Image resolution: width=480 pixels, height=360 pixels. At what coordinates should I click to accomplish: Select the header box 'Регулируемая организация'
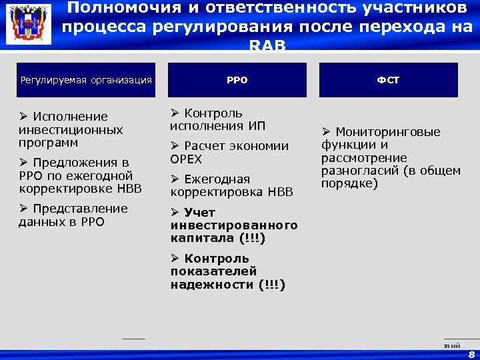[x=86, y=80]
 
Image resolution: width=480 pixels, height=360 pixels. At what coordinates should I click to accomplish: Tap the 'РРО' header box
[x=237, y=80]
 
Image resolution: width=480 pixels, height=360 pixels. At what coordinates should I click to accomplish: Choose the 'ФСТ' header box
[x=389, y=80]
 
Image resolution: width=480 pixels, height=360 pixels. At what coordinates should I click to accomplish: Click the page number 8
[x=472, y=354]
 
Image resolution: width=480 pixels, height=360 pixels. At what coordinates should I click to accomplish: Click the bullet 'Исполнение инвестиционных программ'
[x=71, y=129]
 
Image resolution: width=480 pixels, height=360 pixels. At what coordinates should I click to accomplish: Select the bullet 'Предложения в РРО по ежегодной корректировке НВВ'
[x=80, y=175]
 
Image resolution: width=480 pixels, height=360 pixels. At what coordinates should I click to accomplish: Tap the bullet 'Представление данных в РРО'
[x=73, y=215]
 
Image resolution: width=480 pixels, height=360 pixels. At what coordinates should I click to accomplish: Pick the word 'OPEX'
[x=186, y=159]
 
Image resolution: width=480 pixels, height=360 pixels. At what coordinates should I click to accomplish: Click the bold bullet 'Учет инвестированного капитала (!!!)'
[x=233, y=225]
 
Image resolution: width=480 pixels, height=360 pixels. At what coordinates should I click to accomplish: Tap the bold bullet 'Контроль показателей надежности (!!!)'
[x=227, y=271]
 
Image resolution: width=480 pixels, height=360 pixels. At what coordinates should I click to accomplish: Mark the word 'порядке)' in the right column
[x=349, y=183]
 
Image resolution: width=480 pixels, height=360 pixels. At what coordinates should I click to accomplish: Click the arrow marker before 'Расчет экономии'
[x=175, y=146]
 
